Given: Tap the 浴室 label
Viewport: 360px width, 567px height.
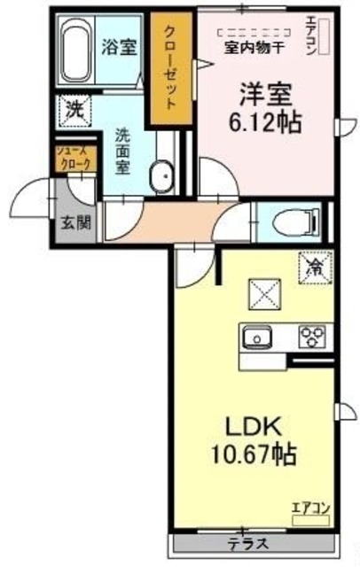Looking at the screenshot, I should click(117, 46).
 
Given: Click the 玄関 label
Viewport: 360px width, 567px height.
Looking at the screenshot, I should click(74, 221).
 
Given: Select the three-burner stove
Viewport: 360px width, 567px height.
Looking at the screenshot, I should click(313, 337).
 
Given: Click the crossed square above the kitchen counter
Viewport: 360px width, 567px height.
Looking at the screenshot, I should click(262, 291).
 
